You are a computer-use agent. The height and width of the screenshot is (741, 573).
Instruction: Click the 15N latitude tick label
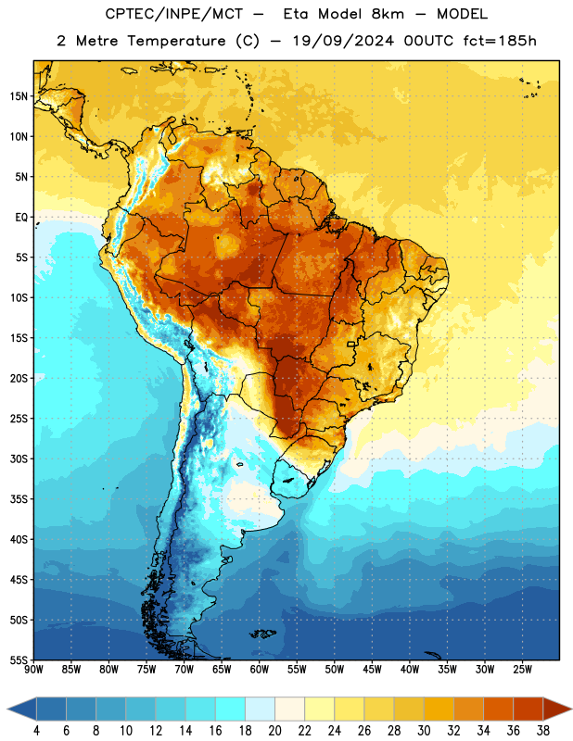click(19, 96)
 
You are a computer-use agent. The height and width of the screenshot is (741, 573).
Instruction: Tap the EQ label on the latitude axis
click(21, 218)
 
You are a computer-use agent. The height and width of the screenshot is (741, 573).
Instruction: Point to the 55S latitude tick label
click(19, 660)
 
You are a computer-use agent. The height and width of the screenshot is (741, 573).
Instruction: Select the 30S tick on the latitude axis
click(19, 458)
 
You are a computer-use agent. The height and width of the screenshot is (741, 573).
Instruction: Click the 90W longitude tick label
click(33, 670)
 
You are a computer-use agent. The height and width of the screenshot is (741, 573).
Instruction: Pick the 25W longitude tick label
click(522, 670)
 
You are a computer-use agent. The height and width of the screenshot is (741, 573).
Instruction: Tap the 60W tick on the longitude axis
click(260, 670)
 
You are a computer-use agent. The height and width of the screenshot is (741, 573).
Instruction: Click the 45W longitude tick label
click(372, 670)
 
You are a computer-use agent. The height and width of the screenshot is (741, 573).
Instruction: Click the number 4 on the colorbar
click(36, 731)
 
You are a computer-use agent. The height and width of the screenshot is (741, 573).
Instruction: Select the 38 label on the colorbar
click(543, 731)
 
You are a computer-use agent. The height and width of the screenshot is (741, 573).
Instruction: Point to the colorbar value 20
click(274, 731)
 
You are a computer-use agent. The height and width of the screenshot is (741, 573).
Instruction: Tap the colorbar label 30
click(424, 731)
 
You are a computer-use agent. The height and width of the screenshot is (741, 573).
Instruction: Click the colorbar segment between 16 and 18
click(231, 709)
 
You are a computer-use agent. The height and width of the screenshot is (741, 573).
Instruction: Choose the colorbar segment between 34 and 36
click(498, 709)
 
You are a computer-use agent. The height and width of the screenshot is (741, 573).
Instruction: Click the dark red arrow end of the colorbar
click(557, 709)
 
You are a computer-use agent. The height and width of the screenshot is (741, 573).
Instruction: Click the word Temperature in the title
click(176, 41)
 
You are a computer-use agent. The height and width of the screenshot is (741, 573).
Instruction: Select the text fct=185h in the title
click(500, 41)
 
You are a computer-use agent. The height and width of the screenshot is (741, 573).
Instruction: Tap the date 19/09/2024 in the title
click(343, 41)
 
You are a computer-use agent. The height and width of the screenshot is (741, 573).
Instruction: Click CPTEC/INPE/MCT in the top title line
click(174, 14)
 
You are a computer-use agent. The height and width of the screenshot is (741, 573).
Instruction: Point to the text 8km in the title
click(388, 14)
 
